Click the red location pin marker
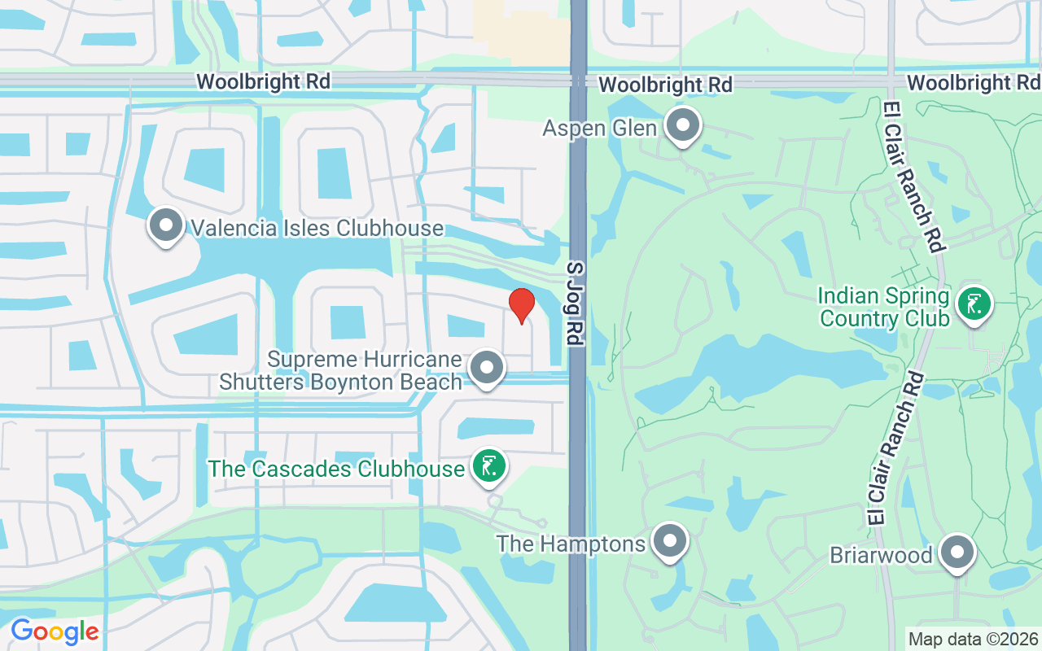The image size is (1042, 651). (x=521, y=305)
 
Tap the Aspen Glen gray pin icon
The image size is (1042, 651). (x=683, y=126)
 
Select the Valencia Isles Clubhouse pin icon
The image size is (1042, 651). (x=166, y=225)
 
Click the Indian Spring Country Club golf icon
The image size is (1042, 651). (x=974, y=304)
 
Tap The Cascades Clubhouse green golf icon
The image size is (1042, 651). (x=488, y=467)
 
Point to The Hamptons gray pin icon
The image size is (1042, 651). (x=670, y=540)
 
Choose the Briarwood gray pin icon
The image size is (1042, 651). (x=957, y=553)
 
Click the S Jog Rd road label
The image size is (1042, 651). (x=576, y=304)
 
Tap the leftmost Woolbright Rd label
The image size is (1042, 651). (x=264, y=81)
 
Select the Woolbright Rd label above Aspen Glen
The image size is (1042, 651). (x=665, y=84)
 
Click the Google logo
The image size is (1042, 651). (x=55, y=631)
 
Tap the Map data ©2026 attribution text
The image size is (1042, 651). (x=974, y=639)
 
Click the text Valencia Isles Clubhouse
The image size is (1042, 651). (x=317, y=228)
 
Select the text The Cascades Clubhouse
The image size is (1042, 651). (x=336, y=470)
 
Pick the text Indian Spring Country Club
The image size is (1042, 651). (x=885, y=306)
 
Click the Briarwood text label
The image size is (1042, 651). (x=881, y=555)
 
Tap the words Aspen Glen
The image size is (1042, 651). (x=600, y=129)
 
